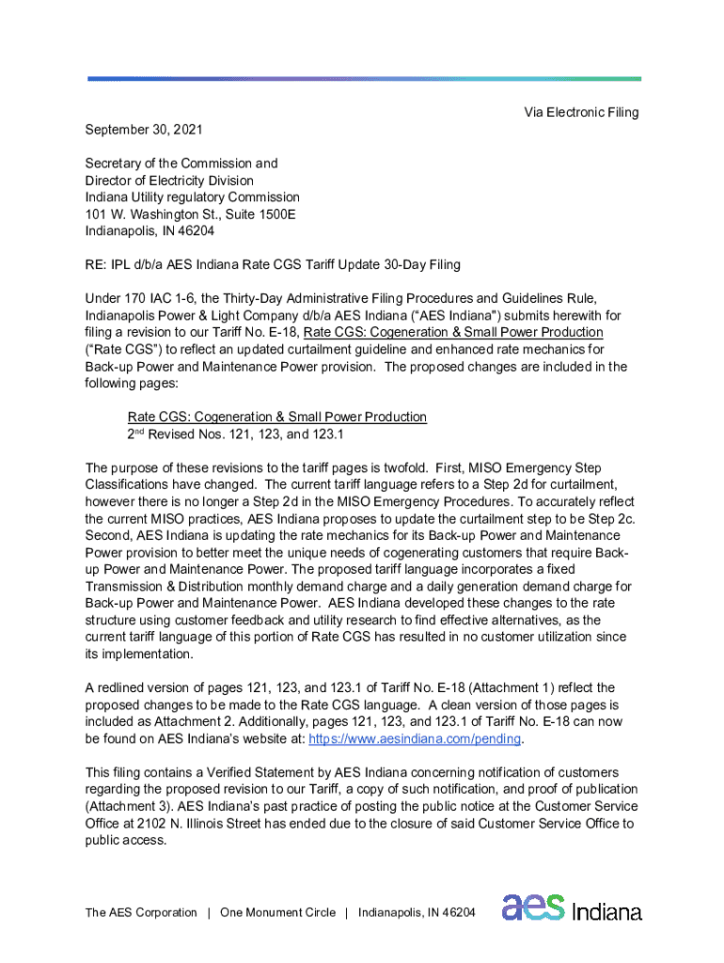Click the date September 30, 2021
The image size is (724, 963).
coord(143,129)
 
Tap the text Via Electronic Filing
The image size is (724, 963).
coord(581,112)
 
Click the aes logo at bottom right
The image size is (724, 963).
coord(533,908)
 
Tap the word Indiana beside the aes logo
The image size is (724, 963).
coord(606,911)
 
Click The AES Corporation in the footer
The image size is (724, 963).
coord(141,912)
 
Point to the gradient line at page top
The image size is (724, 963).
coord(365,79)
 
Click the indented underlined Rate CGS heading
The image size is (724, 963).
coord(276,417)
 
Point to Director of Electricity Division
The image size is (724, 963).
coord(169,180)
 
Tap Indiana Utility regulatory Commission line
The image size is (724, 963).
coord(192,197)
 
